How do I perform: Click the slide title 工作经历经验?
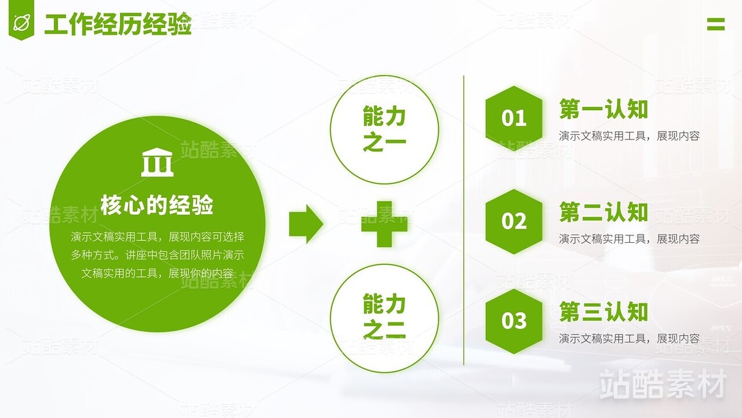117,25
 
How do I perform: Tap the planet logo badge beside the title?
22,23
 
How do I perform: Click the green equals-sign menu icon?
715,24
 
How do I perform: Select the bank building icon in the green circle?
157,163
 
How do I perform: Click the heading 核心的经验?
157,204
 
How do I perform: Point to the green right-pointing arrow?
305,224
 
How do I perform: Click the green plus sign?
384,224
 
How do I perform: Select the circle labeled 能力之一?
384,130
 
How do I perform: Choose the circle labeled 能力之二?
384,318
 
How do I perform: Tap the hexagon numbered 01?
514,118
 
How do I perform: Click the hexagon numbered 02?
514,221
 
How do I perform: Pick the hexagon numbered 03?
514,321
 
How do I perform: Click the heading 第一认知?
603,109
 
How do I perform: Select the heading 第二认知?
603,212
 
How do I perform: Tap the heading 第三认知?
603,311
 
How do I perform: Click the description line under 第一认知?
629,136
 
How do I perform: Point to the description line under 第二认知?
629,238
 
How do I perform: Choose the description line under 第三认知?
629,339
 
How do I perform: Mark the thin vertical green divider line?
464,220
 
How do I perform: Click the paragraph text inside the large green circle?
157,255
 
